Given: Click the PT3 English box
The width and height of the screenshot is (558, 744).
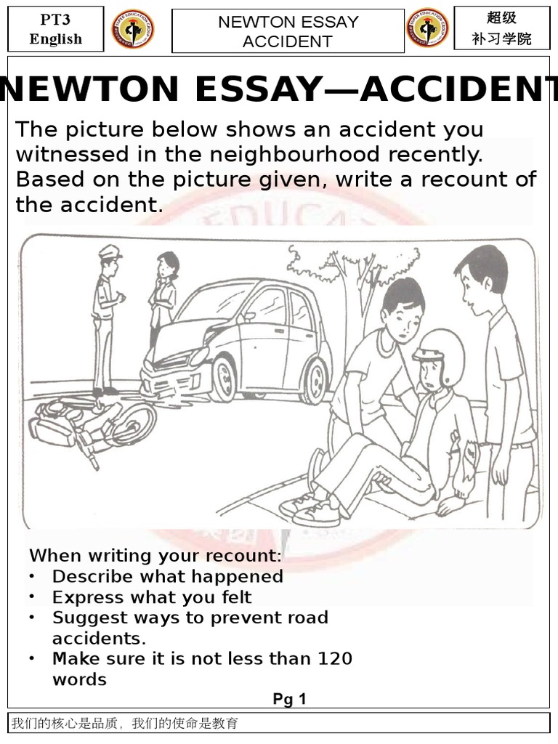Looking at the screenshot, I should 55,29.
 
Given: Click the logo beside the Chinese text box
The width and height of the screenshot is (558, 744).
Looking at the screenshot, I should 426,30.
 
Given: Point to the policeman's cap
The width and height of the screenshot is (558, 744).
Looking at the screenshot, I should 110,254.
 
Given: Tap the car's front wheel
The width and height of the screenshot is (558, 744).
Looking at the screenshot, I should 224,379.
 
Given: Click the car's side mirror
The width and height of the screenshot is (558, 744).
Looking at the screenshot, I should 248,317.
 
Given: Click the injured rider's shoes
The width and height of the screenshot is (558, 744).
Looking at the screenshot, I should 308,509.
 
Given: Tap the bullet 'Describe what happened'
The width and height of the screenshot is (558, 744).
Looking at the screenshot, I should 167,576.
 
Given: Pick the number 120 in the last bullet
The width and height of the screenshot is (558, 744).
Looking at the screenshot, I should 335,658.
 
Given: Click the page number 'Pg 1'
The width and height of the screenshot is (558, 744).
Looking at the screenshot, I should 289,699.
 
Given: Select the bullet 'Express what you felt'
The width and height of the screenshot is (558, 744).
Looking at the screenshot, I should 152,597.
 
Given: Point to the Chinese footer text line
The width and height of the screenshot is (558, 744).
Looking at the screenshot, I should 124,723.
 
